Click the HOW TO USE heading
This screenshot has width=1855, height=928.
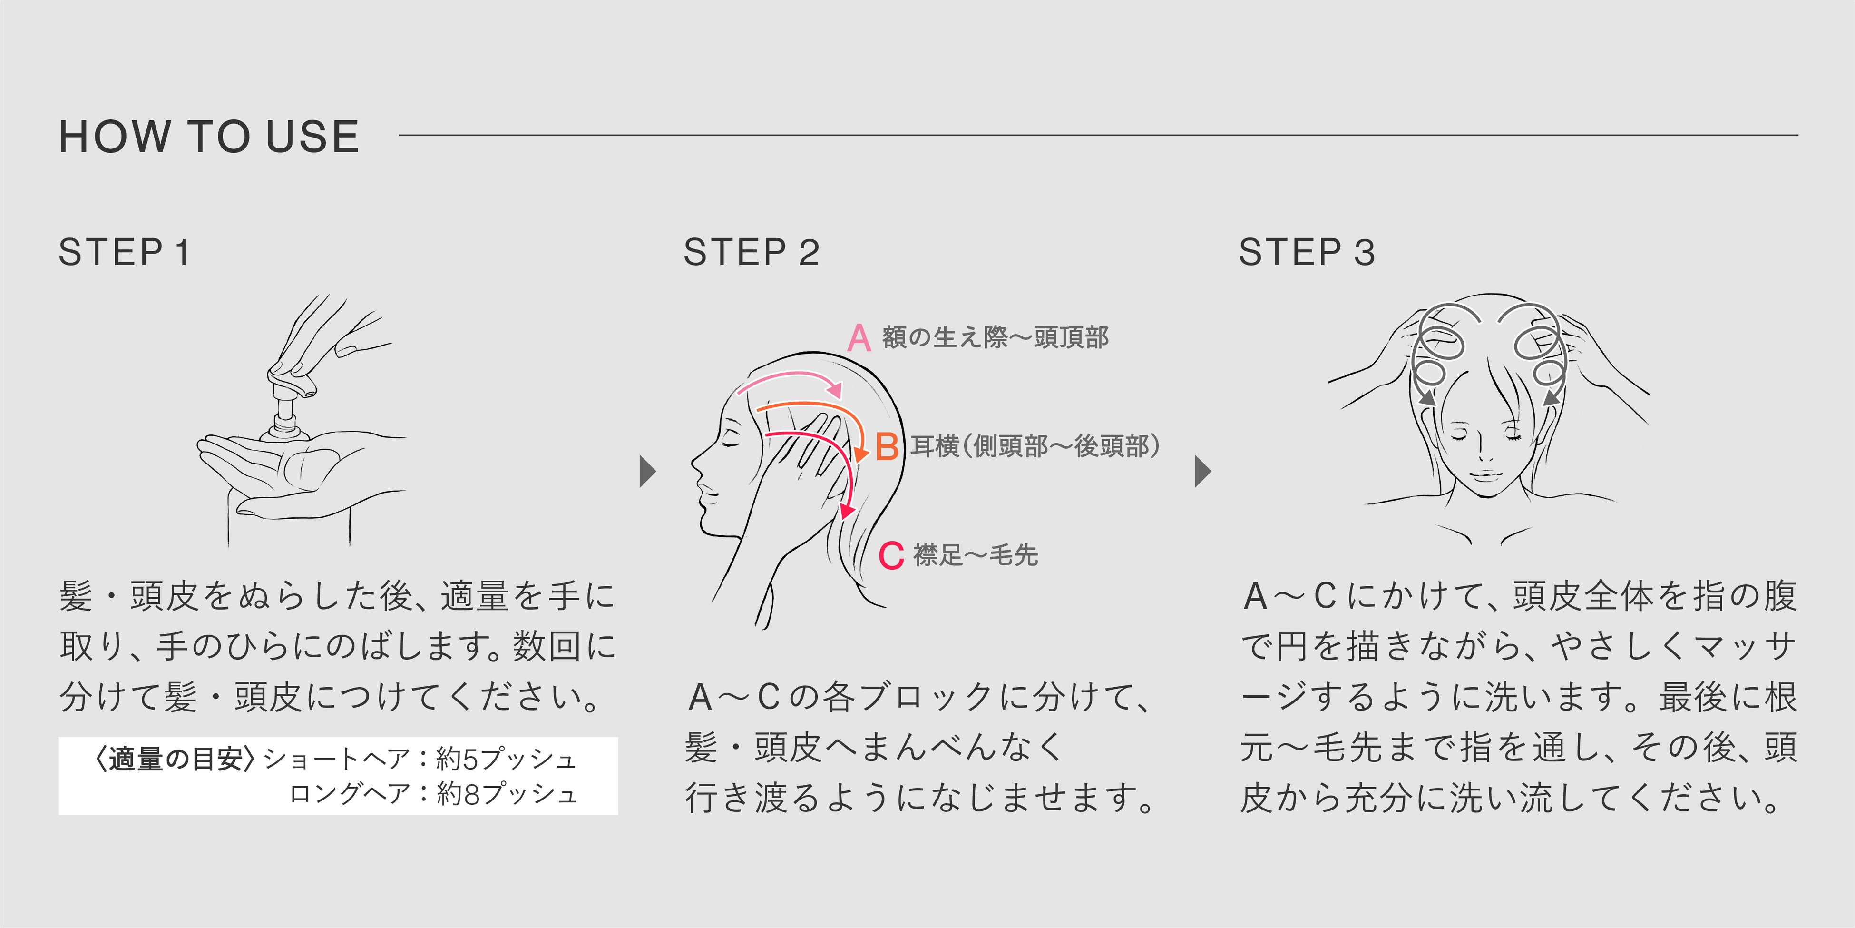(209, 137)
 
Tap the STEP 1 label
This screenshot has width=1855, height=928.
(124, 253)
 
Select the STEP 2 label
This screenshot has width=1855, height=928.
(751, 253)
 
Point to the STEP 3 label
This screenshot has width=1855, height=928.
(1306, 253)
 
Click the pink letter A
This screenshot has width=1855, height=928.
(859, 337)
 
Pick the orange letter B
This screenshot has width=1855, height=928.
(887, 447)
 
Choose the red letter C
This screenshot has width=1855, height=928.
(891, 555)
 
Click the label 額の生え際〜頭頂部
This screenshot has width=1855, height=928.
(995, 337)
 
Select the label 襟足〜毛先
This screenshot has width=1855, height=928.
(976, 555)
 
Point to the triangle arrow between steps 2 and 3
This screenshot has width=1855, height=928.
(1202, 472)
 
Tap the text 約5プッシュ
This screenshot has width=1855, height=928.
(506, 759)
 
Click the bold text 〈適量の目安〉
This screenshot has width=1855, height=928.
(175, 759)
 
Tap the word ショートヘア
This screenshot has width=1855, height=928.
(336, 759)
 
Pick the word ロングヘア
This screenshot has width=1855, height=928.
(349, 794)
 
